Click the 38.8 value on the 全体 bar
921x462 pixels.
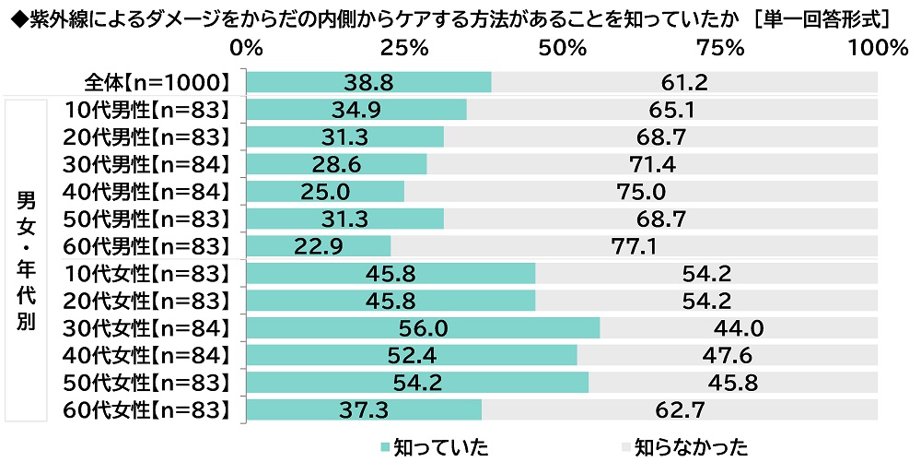click(369, 82)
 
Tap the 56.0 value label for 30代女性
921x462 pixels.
click(424, 328)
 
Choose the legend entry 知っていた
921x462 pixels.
click(433, 447)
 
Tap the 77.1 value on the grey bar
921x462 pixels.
click(634, 246)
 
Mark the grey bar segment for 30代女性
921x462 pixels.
click(739, 328)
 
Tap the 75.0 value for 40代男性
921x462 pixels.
click(640, 192)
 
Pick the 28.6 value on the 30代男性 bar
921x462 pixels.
click(337, 164)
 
